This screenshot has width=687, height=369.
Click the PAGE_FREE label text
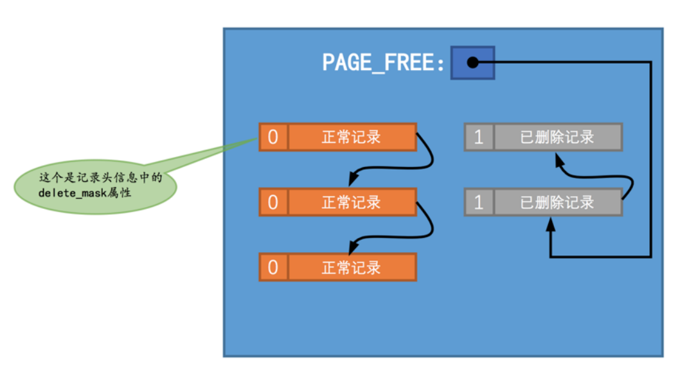coord(383,63)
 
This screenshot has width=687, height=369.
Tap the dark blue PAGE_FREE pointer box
coord(472,62)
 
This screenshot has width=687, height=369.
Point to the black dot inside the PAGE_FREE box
coord(472,62)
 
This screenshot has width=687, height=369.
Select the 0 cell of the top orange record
coord(273,137)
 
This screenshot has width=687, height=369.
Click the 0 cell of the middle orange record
coord(273,203)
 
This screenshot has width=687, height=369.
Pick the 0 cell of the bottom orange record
coord(273,267)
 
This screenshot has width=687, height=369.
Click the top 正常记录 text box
coord(352,137)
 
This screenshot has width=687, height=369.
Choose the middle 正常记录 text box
coord(352,203)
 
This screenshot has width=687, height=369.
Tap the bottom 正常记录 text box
coord(352,267)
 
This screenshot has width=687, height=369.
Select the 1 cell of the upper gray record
coord(478,137)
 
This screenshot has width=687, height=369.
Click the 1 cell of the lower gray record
coord(478,203)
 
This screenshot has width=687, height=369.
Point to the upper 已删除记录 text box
coord(557,137)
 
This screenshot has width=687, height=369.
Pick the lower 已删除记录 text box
coord(557,203)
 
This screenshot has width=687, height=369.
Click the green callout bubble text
coord(96,183)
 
